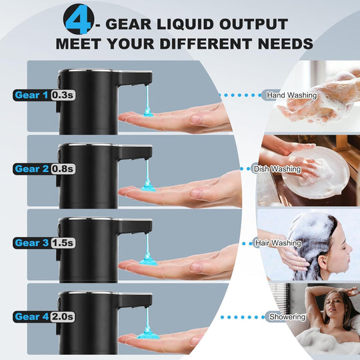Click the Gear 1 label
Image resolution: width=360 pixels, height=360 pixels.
tap(31, 95)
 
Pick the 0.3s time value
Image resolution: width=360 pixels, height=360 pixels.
tap(63, 95)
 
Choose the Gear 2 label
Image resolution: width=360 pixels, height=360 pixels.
tap(31, 169)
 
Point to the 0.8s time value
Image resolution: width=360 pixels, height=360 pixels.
tap(63, 169)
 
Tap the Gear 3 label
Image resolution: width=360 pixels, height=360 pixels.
tap(31, 243)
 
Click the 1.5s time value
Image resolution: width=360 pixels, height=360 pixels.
tap(63, 243)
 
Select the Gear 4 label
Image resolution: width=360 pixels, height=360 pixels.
tap(31, 317)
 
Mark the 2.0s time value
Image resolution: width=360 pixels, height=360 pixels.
tap(63, 317)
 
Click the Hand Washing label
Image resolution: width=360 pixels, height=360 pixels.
tap(291, 95)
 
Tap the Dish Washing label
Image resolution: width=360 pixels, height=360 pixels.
tap(277, 169)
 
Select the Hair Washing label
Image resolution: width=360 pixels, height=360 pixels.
tap(277, 243)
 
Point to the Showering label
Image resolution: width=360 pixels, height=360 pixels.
tap(287, 317)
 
